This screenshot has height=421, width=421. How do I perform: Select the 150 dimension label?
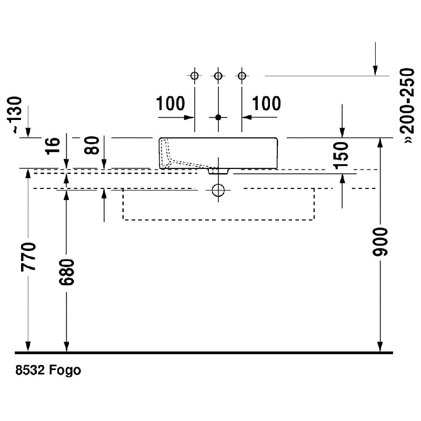tap(342, 153)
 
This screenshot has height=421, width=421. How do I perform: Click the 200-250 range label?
tap(406, 105)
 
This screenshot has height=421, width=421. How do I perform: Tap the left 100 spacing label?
tap(171, 104)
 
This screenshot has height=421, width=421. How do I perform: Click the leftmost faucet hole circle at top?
tap(194, 76)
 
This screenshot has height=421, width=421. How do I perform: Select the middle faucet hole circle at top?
tap(218, 76)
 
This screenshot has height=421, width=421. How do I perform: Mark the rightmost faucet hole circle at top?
tap(242, 76)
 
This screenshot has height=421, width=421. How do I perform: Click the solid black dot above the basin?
tap(218, 117)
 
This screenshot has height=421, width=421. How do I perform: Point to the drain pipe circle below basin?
tap(218, 190)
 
